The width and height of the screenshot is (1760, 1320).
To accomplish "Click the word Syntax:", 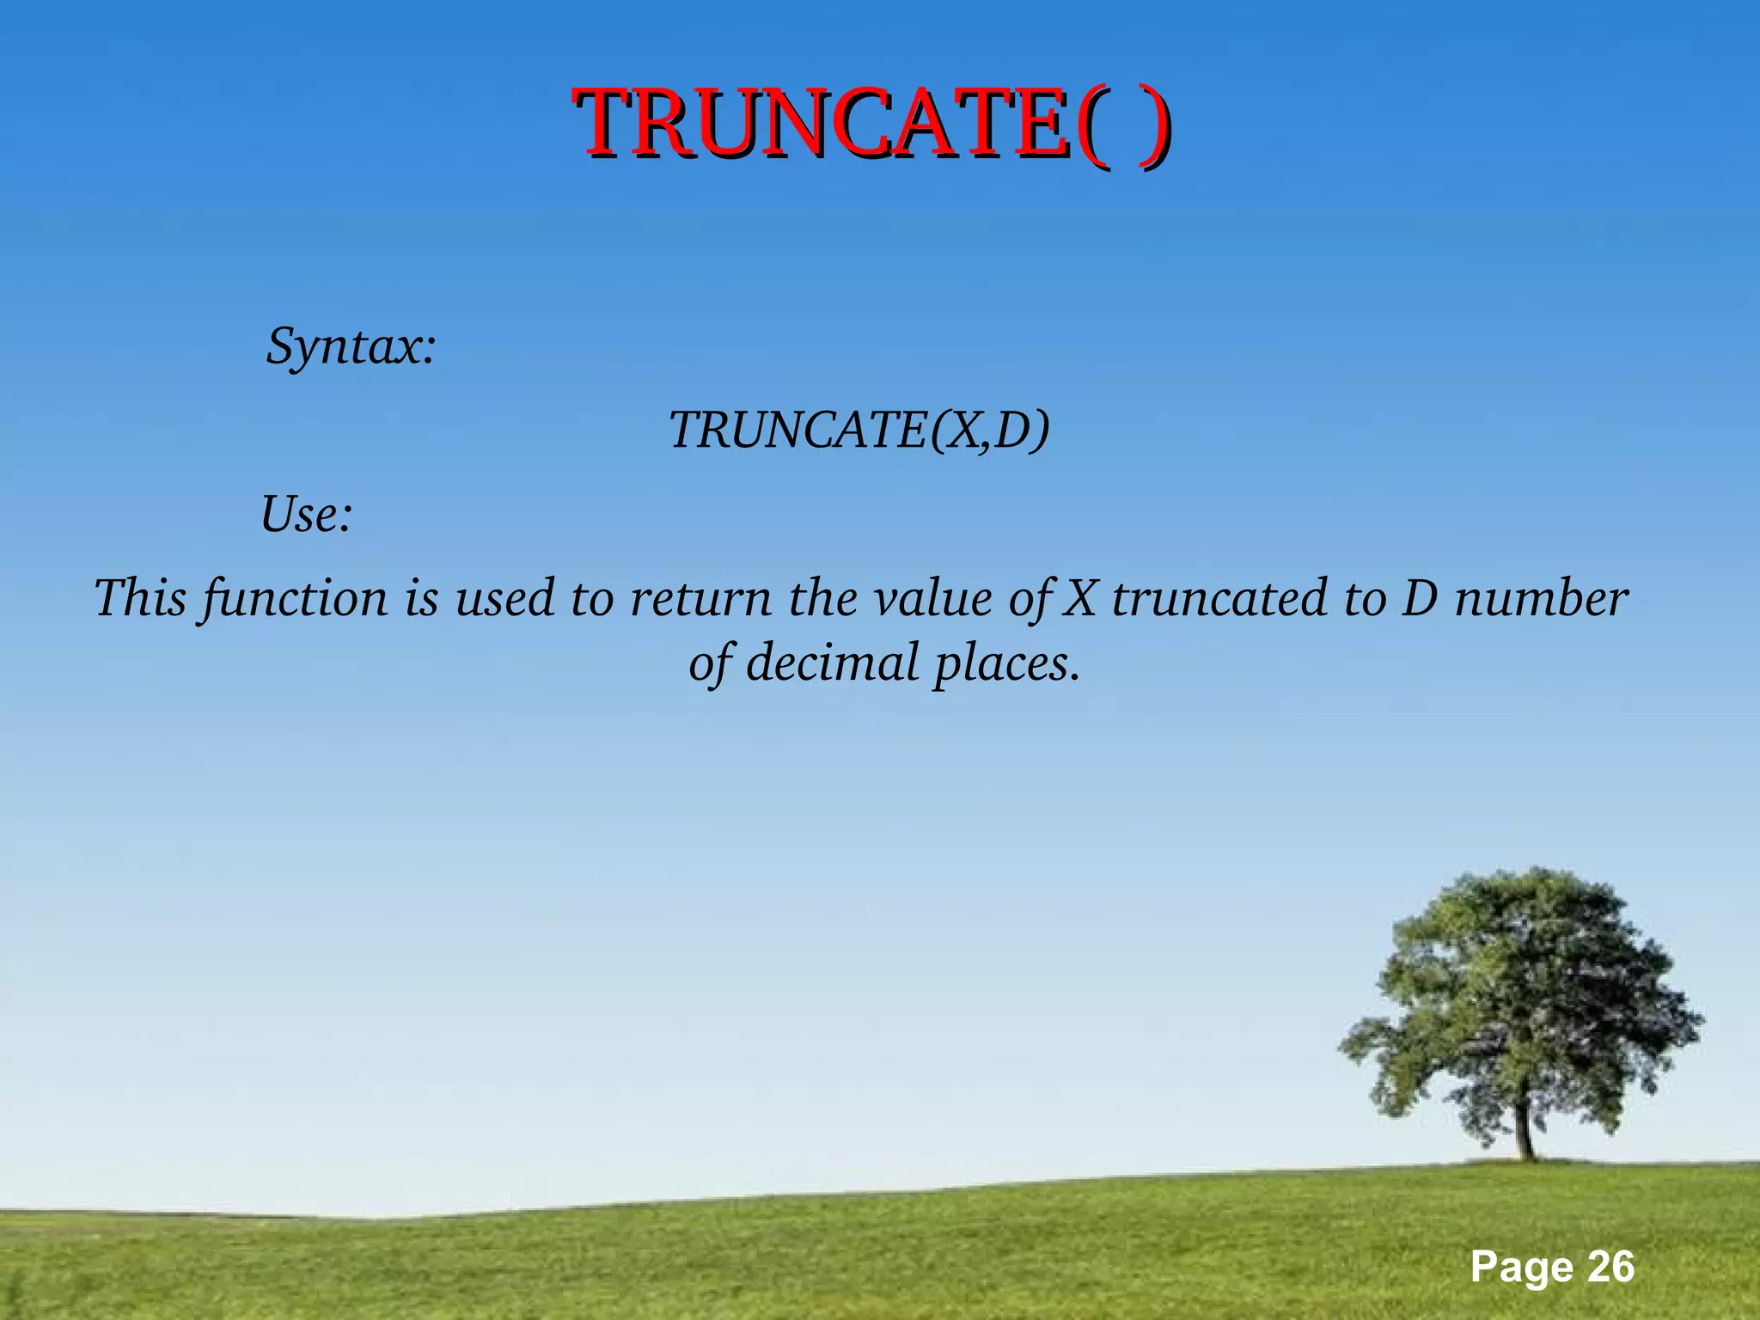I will (351, 346).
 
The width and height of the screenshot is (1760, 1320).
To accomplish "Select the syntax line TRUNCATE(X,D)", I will (859, 430).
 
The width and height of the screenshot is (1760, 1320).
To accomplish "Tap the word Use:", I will (307, 515).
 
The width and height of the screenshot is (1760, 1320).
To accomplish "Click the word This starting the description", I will (140, 598).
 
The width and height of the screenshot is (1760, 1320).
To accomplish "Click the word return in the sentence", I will (700, 599).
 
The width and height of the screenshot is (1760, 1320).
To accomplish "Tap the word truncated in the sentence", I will (1219, 598).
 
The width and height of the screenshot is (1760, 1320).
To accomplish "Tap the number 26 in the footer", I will (1610, 1268).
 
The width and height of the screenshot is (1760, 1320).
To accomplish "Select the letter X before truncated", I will (1079, 598).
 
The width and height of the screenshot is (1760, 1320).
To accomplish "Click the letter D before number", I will (1419, 598).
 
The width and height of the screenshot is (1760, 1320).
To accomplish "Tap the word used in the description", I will (504, 598).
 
